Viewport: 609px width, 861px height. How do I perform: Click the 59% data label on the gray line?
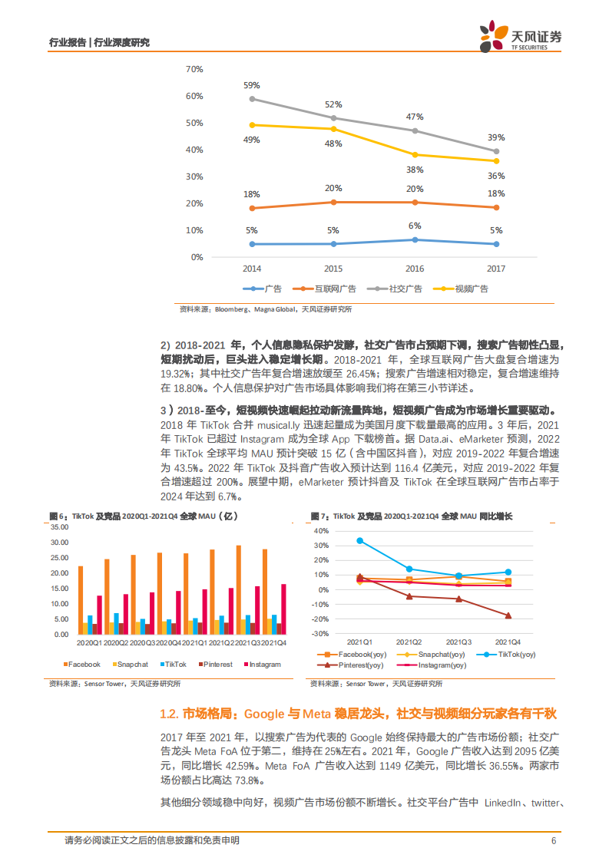point(252,84)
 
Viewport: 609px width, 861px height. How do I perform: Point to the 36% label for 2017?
point(496,175)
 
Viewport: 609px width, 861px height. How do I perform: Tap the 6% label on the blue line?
point(415,226)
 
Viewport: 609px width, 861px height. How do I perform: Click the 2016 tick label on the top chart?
point(415,269)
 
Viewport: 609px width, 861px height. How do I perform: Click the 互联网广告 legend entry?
point(331,289)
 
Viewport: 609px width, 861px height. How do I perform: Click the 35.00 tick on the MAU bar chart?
point(59,527)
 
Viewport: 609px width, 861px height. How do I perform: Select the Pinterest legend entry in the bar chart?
point(215,665)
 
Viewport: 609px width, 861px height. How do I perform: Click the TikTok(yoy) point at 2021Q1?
point(359,540)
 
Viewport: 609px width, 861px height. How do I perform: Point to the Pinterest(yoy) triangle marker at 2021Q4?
point(508,615)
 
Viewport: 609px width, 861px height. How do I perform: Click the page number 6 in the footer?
point(553,840)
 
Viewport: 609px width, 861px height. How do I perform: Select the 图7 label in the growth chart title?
point(319,516)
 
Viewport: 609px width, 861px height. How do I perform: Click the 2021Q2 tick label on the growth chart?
point(409,642)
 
